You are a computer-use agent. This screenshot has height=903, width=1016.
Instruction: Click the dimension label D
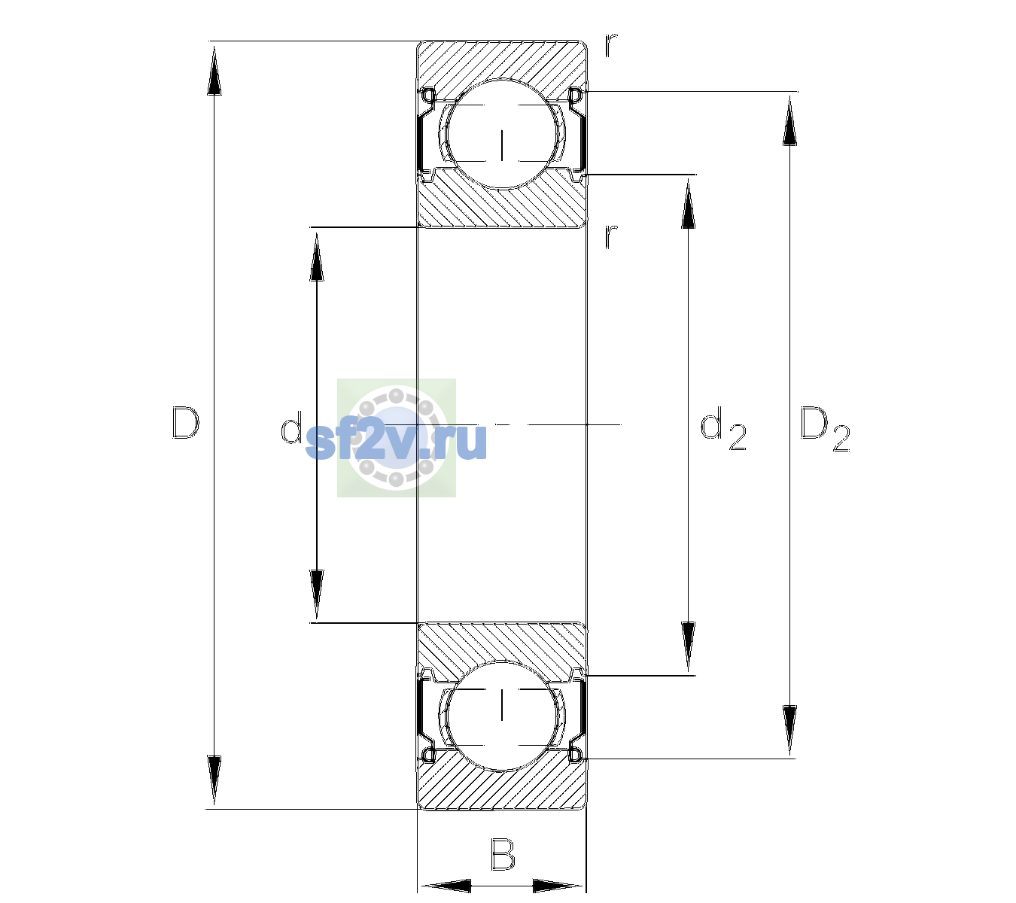pyautogui.click(x=186, y=423)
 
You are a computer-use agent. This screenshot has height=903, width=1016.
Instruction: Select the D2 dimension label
pyautogui.click(x=824, y=429)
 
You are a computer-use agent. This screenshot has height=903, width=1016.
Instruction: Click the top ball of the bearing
pyautogui.click(x=501, y=134)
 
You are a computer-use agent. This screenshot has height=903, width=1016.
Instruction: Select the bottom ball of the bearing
pyautogui.click(x=501, y=716)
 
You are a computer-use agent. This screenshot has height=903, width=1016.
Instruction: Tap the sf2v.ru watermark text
pyautogui.click(x=396, y=440)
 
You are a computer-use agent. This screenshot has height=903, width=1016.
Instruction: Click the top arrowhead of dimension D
pyautogui.click(x=214, y=70)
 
